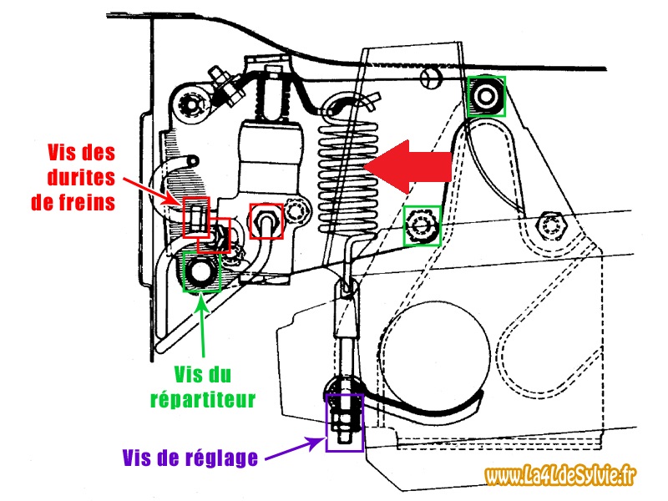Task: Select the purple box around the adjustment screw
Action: (344, 423)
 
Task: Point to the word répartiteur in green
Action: (215, 399)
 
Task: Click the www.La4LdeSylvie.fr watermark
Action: (561, 475)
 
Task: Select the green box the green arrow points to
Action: (200, 271)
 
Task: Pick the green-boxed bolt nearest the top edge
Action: (485, 96)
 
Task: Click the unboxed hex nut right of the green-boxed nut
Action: (552, 224)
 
